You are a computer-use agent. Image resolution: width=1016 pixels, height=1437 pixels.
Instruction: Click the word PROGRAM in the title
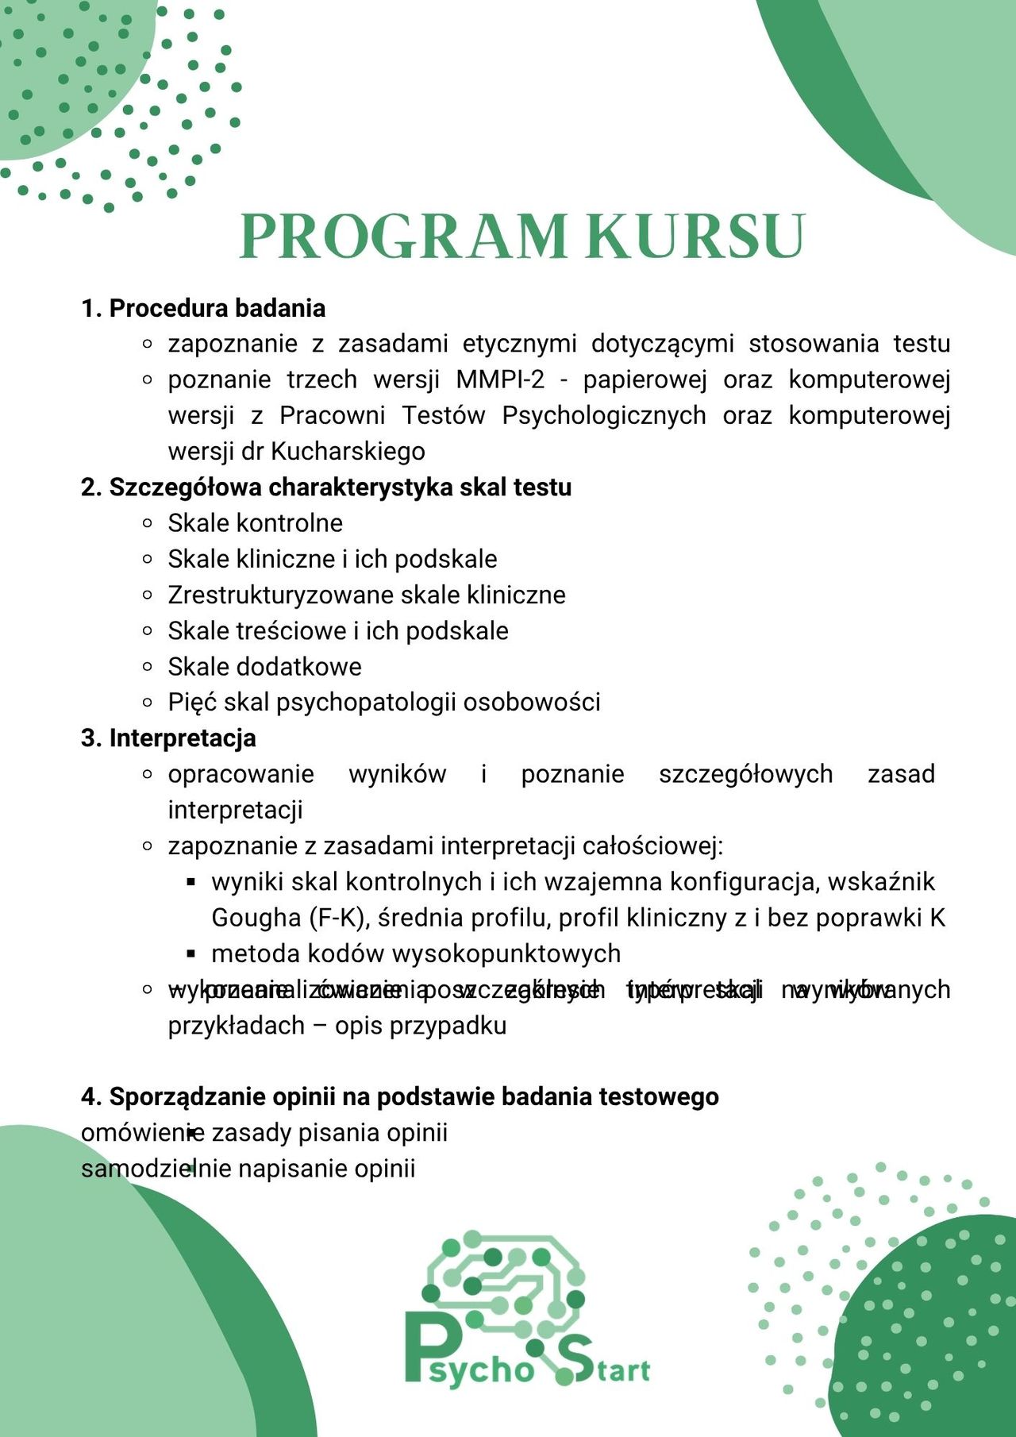click(402, 236)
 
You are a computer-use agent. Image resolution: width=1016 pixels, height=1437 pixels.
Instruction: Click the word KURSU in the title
click(696, 236)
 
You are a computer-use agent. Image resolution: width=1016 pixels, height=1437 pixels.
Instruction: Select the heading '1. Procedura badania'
click(203, 308)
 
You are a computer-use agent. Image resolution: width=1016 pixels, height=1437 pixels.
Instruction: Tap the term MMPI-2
click(500, 379)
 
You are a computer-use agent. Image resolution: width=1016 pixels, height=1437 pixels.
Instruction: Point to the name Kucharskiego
click(348, 451)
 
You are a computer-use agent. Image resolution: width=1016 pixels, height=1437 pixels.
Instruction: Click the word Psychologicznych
click(603, 415)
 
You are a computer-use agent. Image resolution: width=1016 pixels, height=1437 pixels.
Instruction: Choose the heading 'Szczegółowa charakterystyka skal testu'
click(340, 487)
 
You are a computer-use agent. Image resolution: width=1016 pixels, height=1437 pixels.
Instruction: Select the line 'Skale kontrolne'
click(255, 523)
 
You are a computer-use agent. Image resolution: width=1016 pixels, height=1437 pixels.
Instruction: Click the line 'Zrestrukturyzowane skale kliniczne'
click(367, 595)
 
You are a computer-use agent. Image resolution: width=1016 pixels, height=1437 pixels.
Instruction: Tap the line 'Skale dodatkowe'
click(264, 666)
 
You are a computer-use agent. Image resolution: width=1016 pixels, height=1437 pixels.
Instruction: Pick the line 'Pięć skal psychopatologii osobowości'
click(384, 702)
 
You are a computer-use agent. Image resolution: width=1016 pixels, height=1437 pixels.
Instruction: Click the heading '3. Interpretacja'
click(168, 738)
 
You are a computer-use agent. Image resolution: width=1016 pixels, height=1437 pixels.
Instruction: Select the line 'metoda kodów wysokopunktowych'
click(416, 954)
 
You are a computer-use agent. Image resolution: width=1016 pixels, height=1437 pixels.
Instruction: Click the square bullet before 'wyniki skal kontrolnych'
click(190, 882)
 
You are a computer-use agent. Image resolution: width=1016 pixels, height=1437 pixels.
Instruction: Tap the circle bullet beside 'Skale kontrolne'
click(147, 523)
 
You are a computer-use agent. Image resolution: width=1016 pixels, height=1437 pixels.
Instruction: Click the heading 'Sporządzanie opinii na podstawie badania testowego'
click(414, 1096)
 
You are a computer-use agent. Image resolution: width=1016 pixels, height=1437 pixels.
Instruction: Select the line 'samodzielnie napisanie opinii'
click(248, 1169)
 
